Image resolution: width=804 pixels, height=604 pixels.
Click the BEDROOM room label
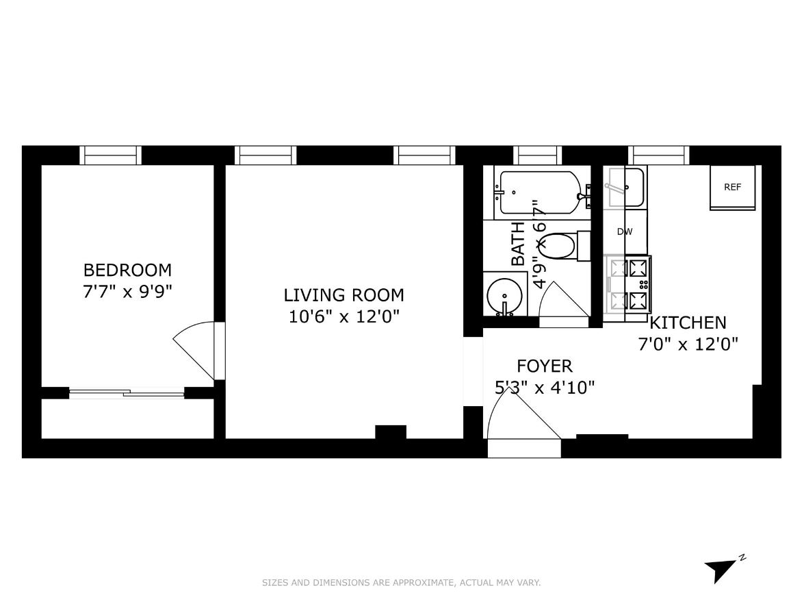(127, 270)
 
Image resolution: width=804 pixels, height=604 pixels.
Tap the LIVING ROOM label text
(343, 295)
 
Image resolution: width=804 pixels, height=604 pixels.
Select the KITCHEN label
(688, 323)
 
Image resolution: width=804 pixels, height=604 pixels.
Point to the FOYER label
(544, 366)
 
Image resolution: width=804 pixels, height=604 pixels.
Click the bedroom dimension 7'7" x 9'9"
(127, 291)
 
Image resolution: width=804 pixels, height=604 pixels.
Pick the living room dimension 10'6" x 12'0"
(343, 316)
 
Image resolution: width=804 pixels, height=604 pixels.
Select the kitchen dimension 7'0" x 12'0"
(688, 344)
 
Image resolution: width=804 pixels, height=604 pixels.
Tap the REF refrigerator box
(732, 188)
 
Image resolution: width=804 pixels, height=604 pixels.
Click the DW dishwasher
(624, 231)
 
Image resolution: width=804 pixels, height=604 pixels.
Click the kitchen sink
(624, 187)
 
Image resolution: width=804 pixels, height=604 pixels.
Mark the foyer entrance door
(523, 425)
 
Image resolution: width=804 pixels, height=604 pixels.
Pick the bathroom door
(565, 301)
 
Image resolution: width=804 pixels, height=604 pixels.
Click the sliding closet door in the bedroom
(127, 393)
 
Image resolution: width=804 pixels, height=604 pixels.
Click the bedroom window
(111, 155)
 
